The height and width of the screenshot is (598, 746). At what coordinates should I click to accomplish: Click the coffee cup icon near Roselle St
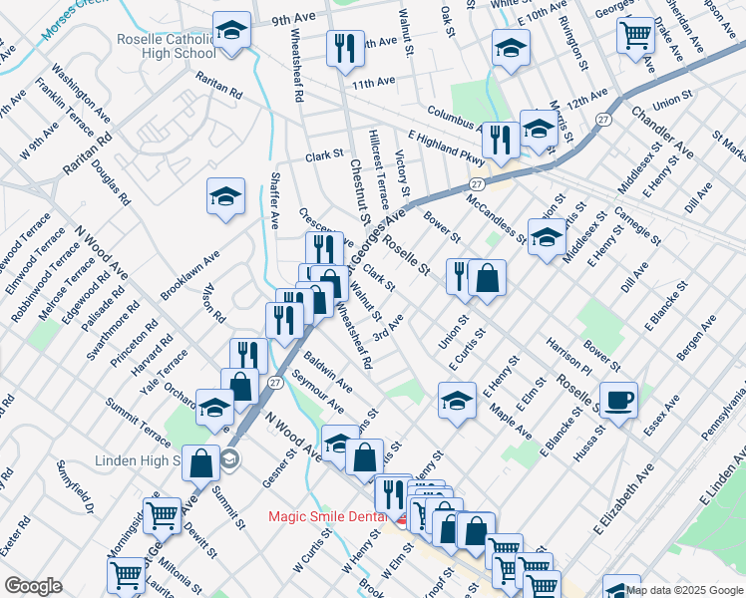[618, 401]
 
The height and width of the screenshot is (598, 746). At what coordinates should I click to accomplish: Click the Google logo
[33, 586]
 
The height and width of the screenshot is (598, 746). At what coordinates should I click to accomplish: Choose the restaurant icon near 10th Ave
[346, 49]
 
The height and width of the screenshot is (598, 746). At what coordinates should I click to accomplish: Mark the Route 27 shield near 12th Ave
[603, 120]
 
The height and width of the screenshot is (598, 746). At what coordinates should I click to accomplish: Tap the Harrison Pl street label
[568, 358]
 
